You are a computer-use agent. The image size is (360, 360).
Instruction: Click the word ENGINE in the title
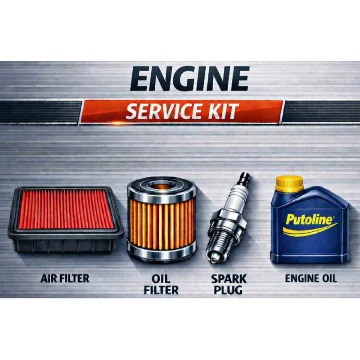pos(189,79)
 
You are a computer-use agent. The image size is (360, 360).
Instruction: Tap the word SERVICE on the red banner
pos(163,112)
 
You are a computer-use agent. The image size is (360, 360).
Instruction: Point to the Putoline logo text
pos(309,220)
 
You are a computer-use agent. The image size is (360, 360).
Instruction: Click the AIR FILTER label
pos(65,279)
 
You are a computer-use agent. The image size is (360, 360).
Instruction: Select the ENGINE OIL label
pos(311,279)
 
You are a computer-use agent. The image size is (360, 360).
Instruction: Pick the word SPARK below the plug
pos(229,279)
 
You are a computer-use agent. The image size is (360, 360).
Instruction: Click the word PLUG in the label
pos(228,290)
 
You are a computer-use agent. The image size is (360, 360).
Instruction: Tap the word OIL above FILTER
pos(161,279)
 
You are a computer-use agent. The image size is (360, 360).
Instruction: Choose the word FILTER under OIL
pos(161,290)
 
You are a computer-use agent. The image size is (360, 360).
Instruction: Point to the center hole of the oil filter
pos(162,185)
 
